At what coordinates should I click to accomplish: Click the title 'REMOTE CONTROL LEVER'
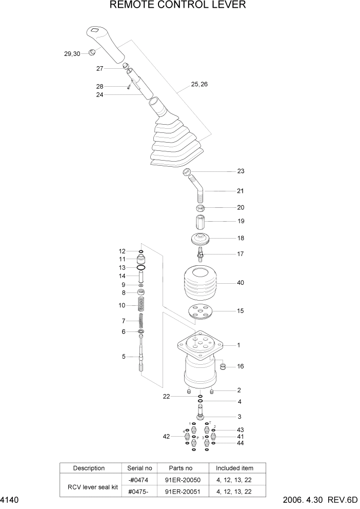tap(178, 6)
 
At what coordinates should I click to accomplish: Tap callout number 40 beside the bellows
tap(241, 282)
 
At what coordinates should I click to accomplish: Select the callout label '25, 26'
tap(199, 84)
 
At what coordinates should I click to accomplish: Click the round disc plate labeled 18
tap(202, 239)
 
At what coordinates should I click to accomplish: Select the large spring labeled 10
tap(141, 305)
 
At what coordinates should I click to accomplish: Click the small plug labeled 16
tap(223, 366)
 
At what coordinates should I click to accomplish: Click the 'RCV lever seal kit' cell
tap(89, 486)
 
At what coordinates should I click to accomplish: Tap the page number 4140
tap(10, 500)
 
